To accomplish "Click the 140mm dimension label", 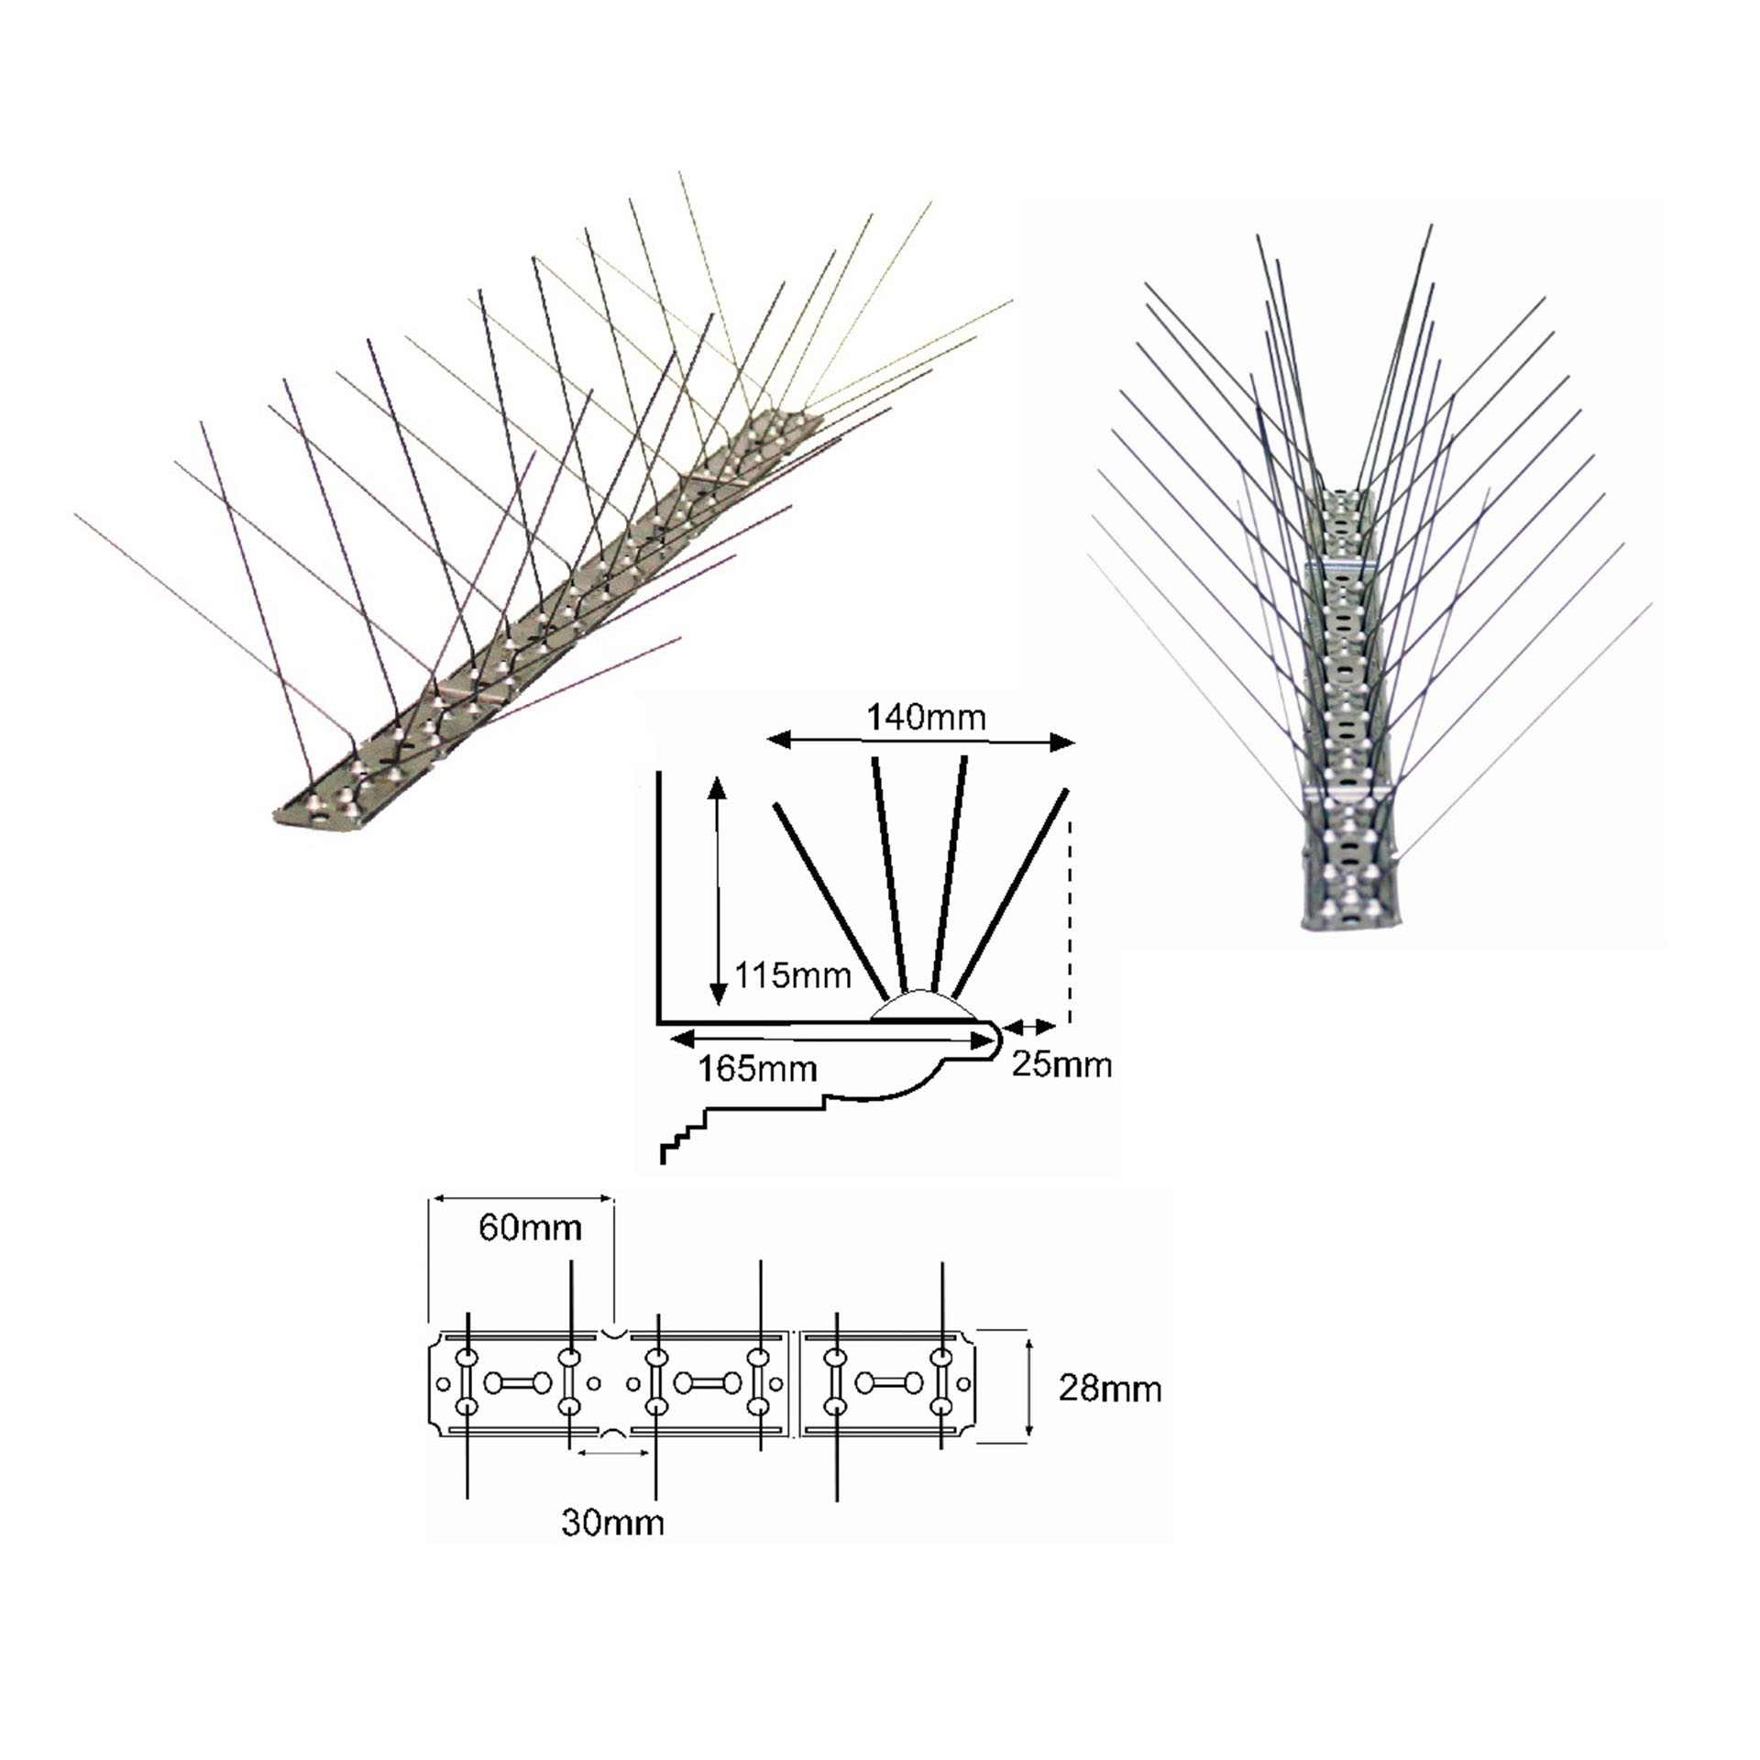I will click(926, 717).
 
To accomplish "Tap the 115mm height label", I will click(793, 975).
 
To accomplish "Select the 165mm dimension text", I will click(757, 1069).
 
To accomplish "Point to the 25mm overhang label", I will click(1061, 1064).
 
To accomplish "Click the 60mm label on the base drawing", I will click(530, 1227).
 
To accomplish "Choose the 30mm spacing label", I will click(612, 1523).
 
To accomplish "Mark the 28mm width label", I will click(1109, 1389).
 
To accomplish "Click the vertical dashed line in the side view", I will click(1070, 917).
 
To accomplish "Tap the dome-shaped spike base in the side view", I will click(921, 1006).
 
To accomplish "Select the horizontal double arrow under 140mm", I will click(920, 742).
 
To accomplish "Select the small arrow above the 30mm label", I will click(612, 1453).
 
